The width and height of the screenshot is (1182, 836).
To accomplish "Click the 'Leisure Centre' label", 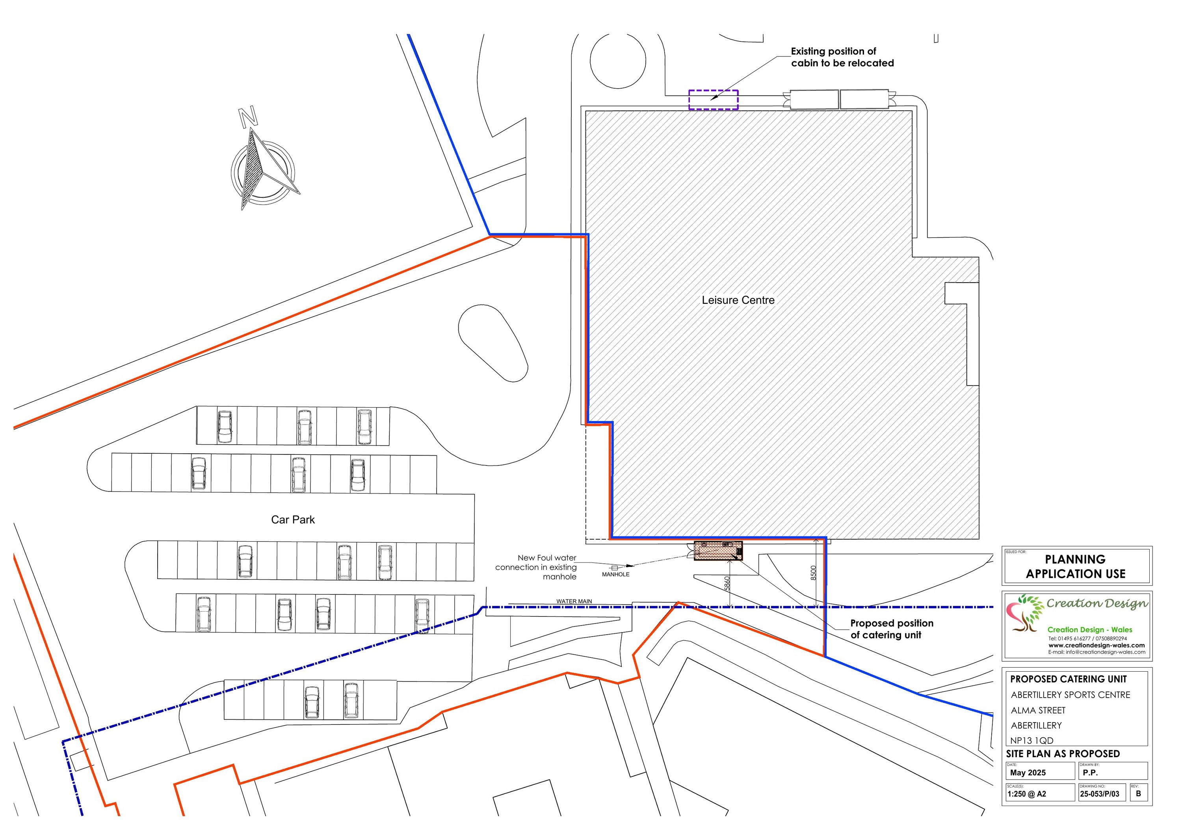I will (x=738, y=300).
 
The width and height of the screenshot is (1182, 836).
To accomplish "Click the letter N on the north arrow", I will (x=249, y=117).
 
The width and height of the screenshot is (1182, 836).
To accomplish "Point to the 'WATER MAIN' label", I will (x=574, y=601).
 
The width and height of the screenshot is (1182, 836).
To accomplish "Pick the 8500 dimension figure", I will (x=813, y=573).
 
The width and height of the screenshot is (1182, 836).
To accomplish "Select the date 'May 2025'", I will (x=1028, y=773).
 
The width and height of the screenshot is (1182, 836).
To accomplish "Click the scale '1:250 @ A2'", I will (x=1027, y=794).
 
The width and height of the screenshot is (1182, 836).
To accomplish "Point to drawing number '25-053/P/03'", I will (x=1100, y=794).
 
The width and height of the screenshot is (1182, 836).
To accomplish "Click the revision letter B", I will (x=1138, y=793).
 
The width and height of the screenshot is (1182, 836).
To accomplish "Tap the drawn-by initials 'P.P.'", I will (x=1090, y=773).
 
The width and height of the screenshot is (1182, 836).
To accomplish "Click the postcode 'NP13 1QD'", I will (x=1031, y=740).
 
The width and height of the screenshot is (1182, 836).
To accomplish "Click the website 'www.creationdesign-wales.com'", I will (x=1097, y=645).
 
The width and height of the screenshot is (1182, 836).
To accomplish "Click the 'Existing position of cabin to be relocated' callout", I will (x=842, y=57).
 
